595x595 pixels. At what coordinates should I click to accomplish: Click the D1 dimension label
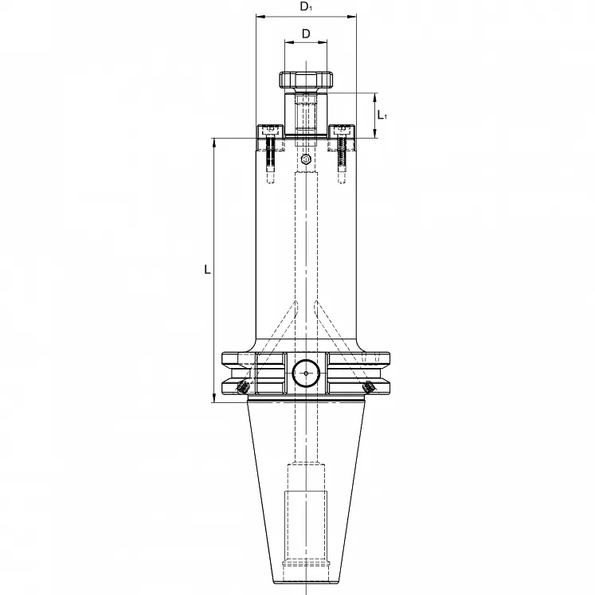pos(306,7)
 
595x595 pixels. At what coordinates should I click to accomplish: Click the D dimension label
pos(306,33)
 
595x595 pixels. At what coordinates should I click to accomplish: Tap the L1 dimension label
pos(382,115)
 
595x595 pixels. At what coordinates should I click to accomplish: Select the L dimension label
pos(207,270)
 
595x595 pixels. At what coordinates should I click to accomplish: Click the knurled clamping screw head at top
pos(306,80)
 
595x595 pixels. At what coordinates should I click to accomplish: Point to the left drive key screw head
pos(270,129)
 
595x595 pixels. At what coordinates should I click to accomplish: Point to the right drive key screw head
pos(342,129)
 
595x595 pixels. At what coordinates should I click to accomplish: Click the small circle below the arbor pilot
pos(306,159)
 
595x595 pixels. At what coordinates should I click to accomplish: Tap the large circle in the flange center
pos(306,374)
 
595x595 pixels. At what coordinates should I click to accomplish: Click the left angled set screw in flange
pos(241,387)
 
